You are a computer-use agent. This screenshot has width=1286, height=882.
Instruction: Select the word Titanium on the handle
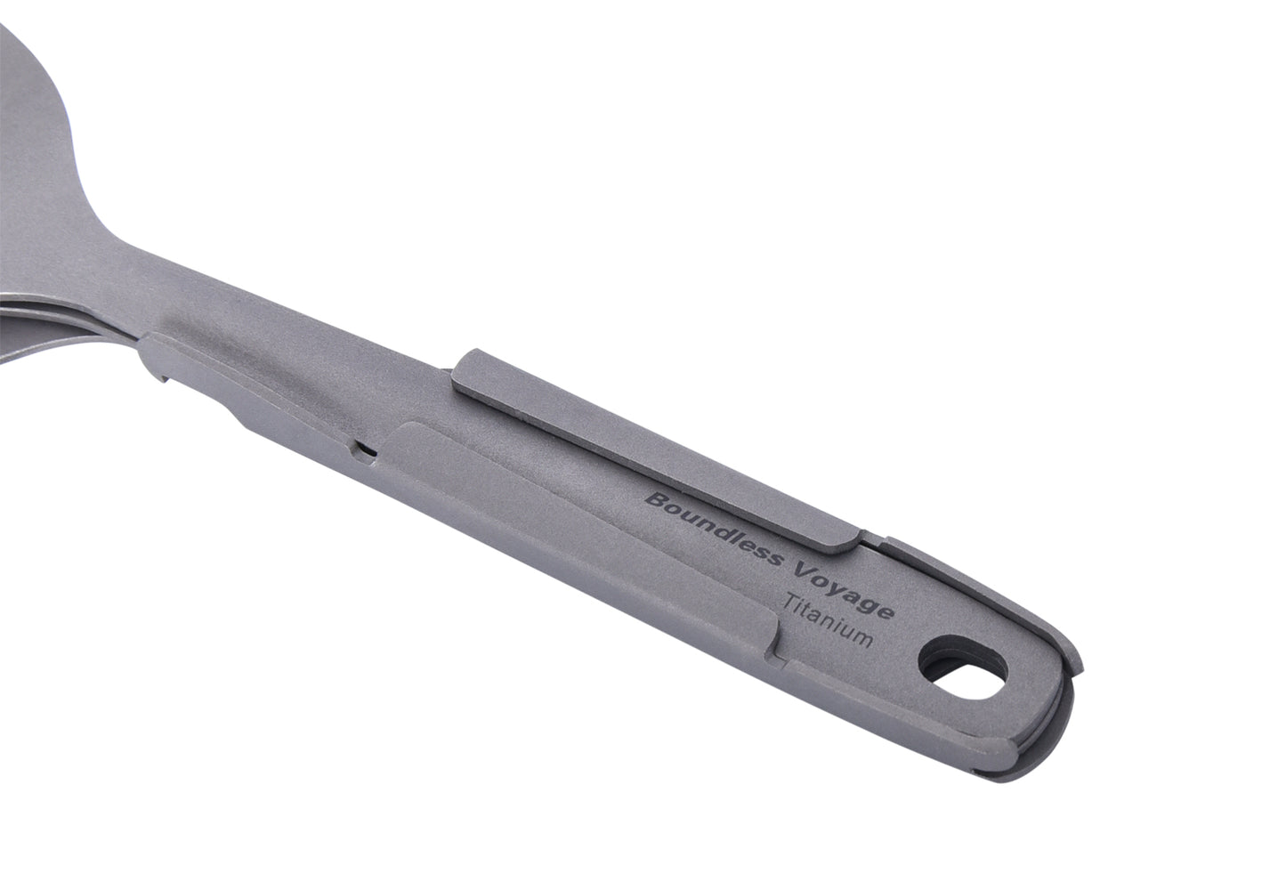click(x=829, y=621)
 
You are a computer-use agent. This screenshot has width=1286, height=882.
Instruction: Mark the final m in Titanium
click(x=861, y=637)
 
